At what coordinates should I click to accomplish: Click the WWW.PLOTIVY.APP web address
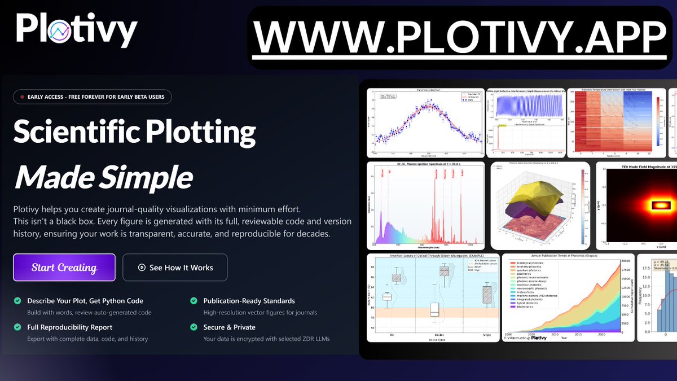tap(460, 38)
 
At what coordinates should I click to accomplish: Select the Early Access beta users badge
tap(92, 97)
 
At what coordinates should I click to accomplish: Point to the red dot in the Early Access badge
tap(22, 97)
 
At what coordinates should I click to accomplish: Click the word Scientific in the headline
tap(74, 132)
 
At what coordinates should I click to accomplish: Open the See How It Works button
tap(175, 268)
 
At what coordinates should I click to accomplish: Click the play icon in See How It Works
tap(142, 268)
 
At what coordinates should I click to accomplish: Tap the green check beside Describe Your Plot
tap(17, 301)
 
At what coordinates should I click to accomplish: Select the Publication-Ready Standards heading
tap(249, 301)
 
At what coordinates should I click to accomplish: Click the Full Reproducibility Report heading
tap(69, 327)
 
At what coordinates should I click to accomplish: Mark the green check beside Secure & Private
tap(194, 327)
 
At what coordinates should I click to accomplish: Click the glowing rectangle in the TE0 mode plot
tap(658, 205)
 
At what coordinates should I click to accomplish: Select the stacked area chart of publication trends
tap(568, 297)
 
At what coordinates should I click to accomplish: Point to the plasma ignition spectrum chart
tap(425, 206)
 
